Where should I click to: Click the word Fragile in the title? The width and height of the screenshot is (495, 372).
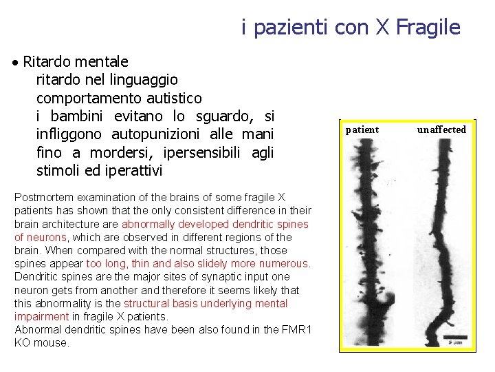tap(428, 28)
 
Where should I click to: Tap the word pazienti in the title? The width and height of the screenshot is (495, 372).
tap(291, 28)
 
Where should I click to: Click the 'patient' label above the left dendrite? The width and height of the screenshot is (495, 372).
tap(362, 130)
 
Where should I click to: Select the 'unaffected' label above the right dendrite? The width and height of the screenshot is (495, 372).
tap(441, 130)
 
